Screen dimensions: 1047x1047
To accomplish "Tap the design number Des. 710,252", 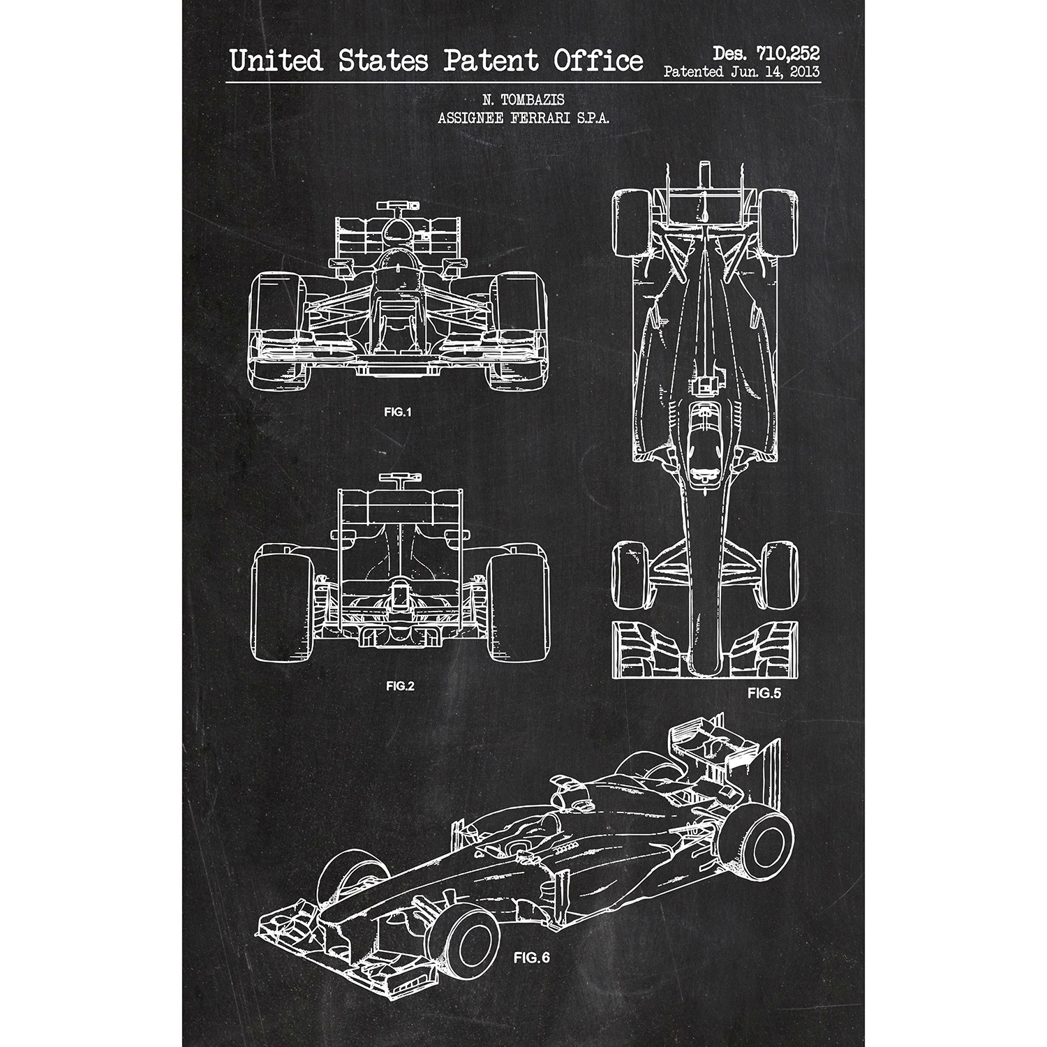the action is pos(765,52).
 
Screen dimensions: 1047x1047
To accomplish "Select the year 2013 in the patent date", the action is pos(802,72).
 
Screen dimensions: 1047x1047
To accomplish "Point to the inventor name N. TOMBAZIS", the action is pos(523,103).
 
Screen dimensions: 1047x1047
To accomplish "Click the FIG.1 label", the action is pos(398,412).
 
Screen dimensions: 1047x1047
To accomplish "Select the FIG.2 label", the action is pos(400,685).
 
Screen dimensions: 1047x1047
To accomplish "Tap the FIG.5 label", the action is pos(764,693).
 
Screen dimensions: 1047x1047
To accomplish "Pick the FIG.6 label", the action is pos(532,958).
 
